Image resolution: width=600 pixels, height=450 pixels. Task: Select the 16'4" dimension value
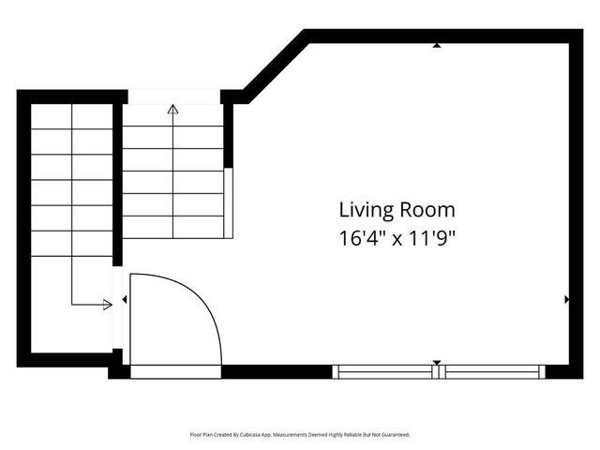click(360, 237)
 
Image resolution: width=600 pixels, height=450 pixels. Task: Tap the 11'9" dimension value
click(432, 237)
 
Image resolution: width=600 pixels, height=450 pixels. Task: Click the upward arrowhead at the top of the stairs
click(172, 109)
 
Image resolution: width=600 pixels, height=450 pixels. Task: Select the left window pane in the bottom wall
click(386, 372)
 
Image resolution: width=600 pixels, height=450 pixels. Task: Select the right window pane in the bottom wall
click(493, 372)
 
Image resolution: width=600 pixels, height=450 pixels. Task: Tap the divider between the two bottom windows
click(440, 372)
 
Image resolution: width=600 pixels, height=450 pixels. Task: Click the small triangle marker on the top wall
click(437, 45)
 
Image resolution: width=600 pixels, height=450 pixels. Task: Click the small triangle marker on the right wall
click(567, 300)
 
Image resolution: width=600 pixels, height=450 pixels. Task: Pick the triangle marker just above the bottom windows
click(437, 362)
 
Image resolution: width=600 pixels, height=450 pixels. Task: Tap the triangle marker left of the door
click(125, 300)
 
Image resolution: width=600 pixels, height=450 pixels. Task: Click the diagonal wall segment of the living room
click(275, 64)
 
